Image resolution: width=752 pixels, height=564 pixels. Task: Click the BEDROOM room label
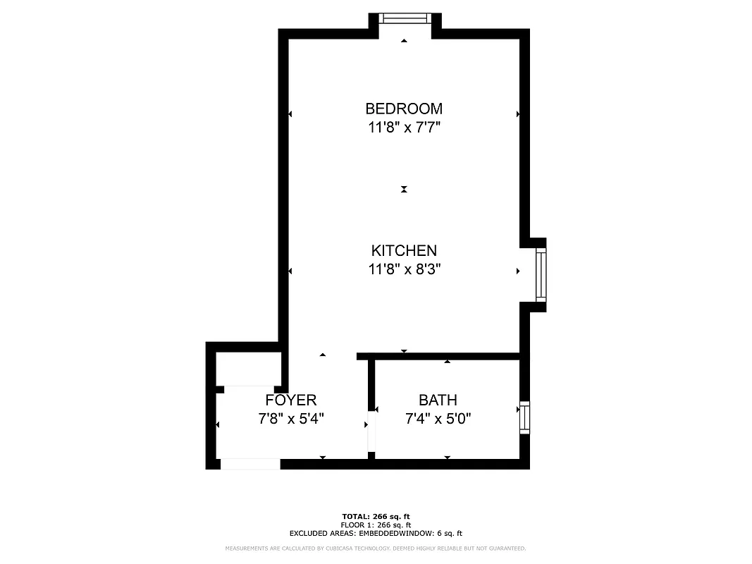[x=404, y=109]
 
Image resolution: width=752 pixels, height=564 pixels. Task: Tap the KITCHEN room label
[x=404, y=250]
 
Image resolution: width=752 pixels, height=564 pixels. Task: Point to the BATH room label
[x=438, y=400]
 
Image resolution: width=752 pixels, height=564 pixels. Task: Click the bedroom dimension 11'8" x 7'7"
[x=404, y=128]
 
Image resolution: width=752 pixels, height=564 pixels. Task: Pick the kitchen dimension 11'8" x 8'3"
[x=404, y=269]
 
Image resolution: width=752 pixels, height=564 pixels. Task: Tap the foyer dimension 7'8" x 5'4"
[x=291, y=418]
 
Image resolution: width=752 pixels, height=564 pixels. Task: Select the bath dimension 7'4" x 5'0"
[x=438, y=418]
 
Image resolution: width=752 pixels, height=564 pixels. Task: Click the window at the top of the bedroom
[x=405, y=19]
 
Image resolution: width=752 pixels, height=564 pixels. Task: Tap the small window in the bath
[x=524, y=417]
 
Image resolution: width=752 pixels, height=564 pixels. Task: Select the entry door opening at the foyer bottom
[x=250, y=464]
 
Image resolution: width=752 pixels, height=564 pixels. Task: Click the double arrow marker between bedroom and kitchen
[x=404, y=189]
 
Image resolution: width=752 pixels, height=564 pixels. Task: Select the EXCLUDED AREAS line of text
[x=376, y=534]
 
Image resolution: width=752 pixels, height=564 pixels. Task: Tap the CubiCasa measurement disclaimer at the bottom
[x=376, y=548]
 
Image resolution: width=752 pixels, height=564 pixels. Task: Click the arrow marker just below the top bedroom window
[x=404, y=41]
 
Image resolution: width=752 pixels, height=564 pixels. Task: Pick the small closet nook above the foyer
[x=247, y=368]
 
